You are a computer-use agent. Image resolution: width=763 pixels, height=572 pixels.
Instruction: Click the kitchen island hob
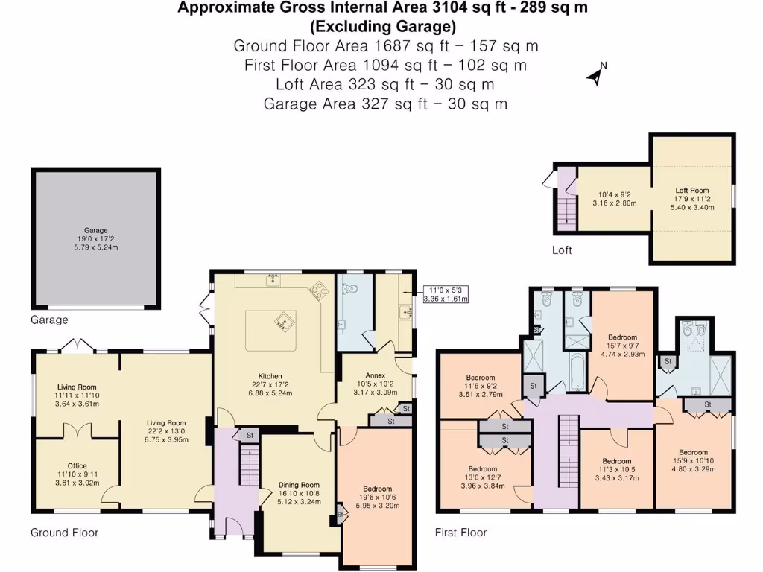tap(283, 321)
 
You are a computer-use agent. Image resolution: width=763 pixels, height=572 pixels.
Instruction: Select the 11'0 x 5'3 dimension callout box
tap(445, 294)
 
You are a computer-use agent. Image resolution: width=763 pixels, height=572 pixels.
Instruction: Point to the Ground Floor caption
tap(64, 533)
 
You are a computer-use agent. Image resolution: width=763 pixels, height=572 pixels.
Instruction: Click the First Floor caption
tap(460, 533)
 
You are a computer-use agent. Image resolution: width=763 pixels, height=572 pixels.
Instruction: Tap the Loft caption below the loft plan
tap(562, 250)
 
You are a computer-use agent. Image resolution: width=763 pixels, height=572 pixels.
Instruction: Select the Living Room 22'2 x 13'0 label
tap(167, 430)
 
